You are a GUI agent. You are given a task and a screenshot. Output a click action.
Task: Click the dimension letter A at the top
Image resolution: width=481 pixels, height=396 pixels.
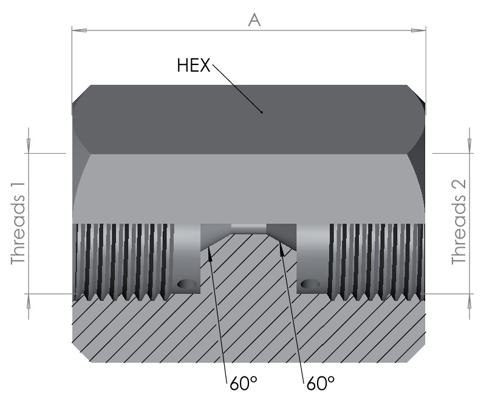coord(254,20)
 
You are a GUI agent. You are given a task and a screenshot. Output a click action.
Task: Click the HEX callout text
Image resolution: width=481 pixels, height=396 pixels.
coord(194,66)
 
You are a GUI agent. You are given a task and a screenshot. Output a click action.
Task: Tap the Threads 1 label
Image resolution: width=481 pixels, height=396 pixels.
coord(18,223)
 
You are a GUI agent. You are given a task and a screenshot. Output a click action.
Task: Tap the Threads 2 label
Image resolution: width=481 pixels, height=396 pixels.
coord(459,222)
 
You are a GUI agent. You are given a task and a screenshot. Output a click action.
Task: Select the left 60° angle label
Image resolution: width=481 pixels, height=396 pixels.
coord(244,383)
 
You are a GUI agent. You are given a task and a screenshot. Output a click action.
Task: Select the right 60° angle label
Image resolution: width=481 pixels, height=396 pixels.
coord(321,383)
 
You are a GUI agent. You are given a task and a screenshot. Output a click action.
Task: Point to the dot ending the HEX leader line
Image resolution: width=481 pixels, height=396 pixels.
coord(261,112)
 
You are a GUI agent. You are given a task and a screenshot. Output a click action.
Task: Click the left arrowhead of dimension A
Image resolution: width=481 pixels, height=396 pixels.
coord(79,30)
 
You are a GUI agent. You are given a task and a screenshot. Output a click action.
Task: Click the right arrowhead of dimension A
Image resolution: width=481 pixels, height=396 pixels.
coord(418,30)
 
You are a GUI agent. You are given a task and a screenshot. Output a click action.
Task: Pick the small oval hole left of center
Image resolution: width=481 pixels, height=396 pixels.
coord(187,284)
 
